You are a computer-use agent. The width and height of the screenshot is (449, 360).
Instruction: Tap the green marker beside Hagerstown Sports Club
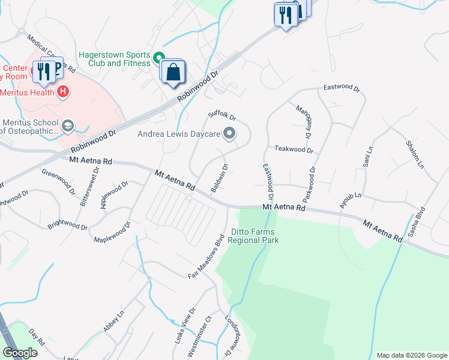159,58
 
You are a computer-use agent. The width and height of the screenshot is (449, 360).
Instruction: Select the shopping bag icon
173,72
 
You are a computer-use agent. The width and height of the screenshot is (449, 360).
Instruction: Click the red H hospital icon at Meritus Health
62,92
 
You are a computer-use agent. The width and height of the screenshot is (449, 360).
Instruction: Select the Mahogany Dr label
304,122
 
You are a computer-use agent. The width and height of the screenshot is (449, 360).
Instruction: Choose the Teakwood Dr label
294,149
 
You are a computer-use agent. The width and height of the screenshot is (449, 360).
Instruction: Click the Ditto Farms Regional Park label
255,236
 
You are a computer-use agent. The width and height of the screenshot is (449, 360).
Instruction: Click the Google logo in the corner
20,353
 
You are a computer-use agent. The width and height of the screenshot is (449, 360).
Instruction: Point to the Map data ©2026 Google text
411,355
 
